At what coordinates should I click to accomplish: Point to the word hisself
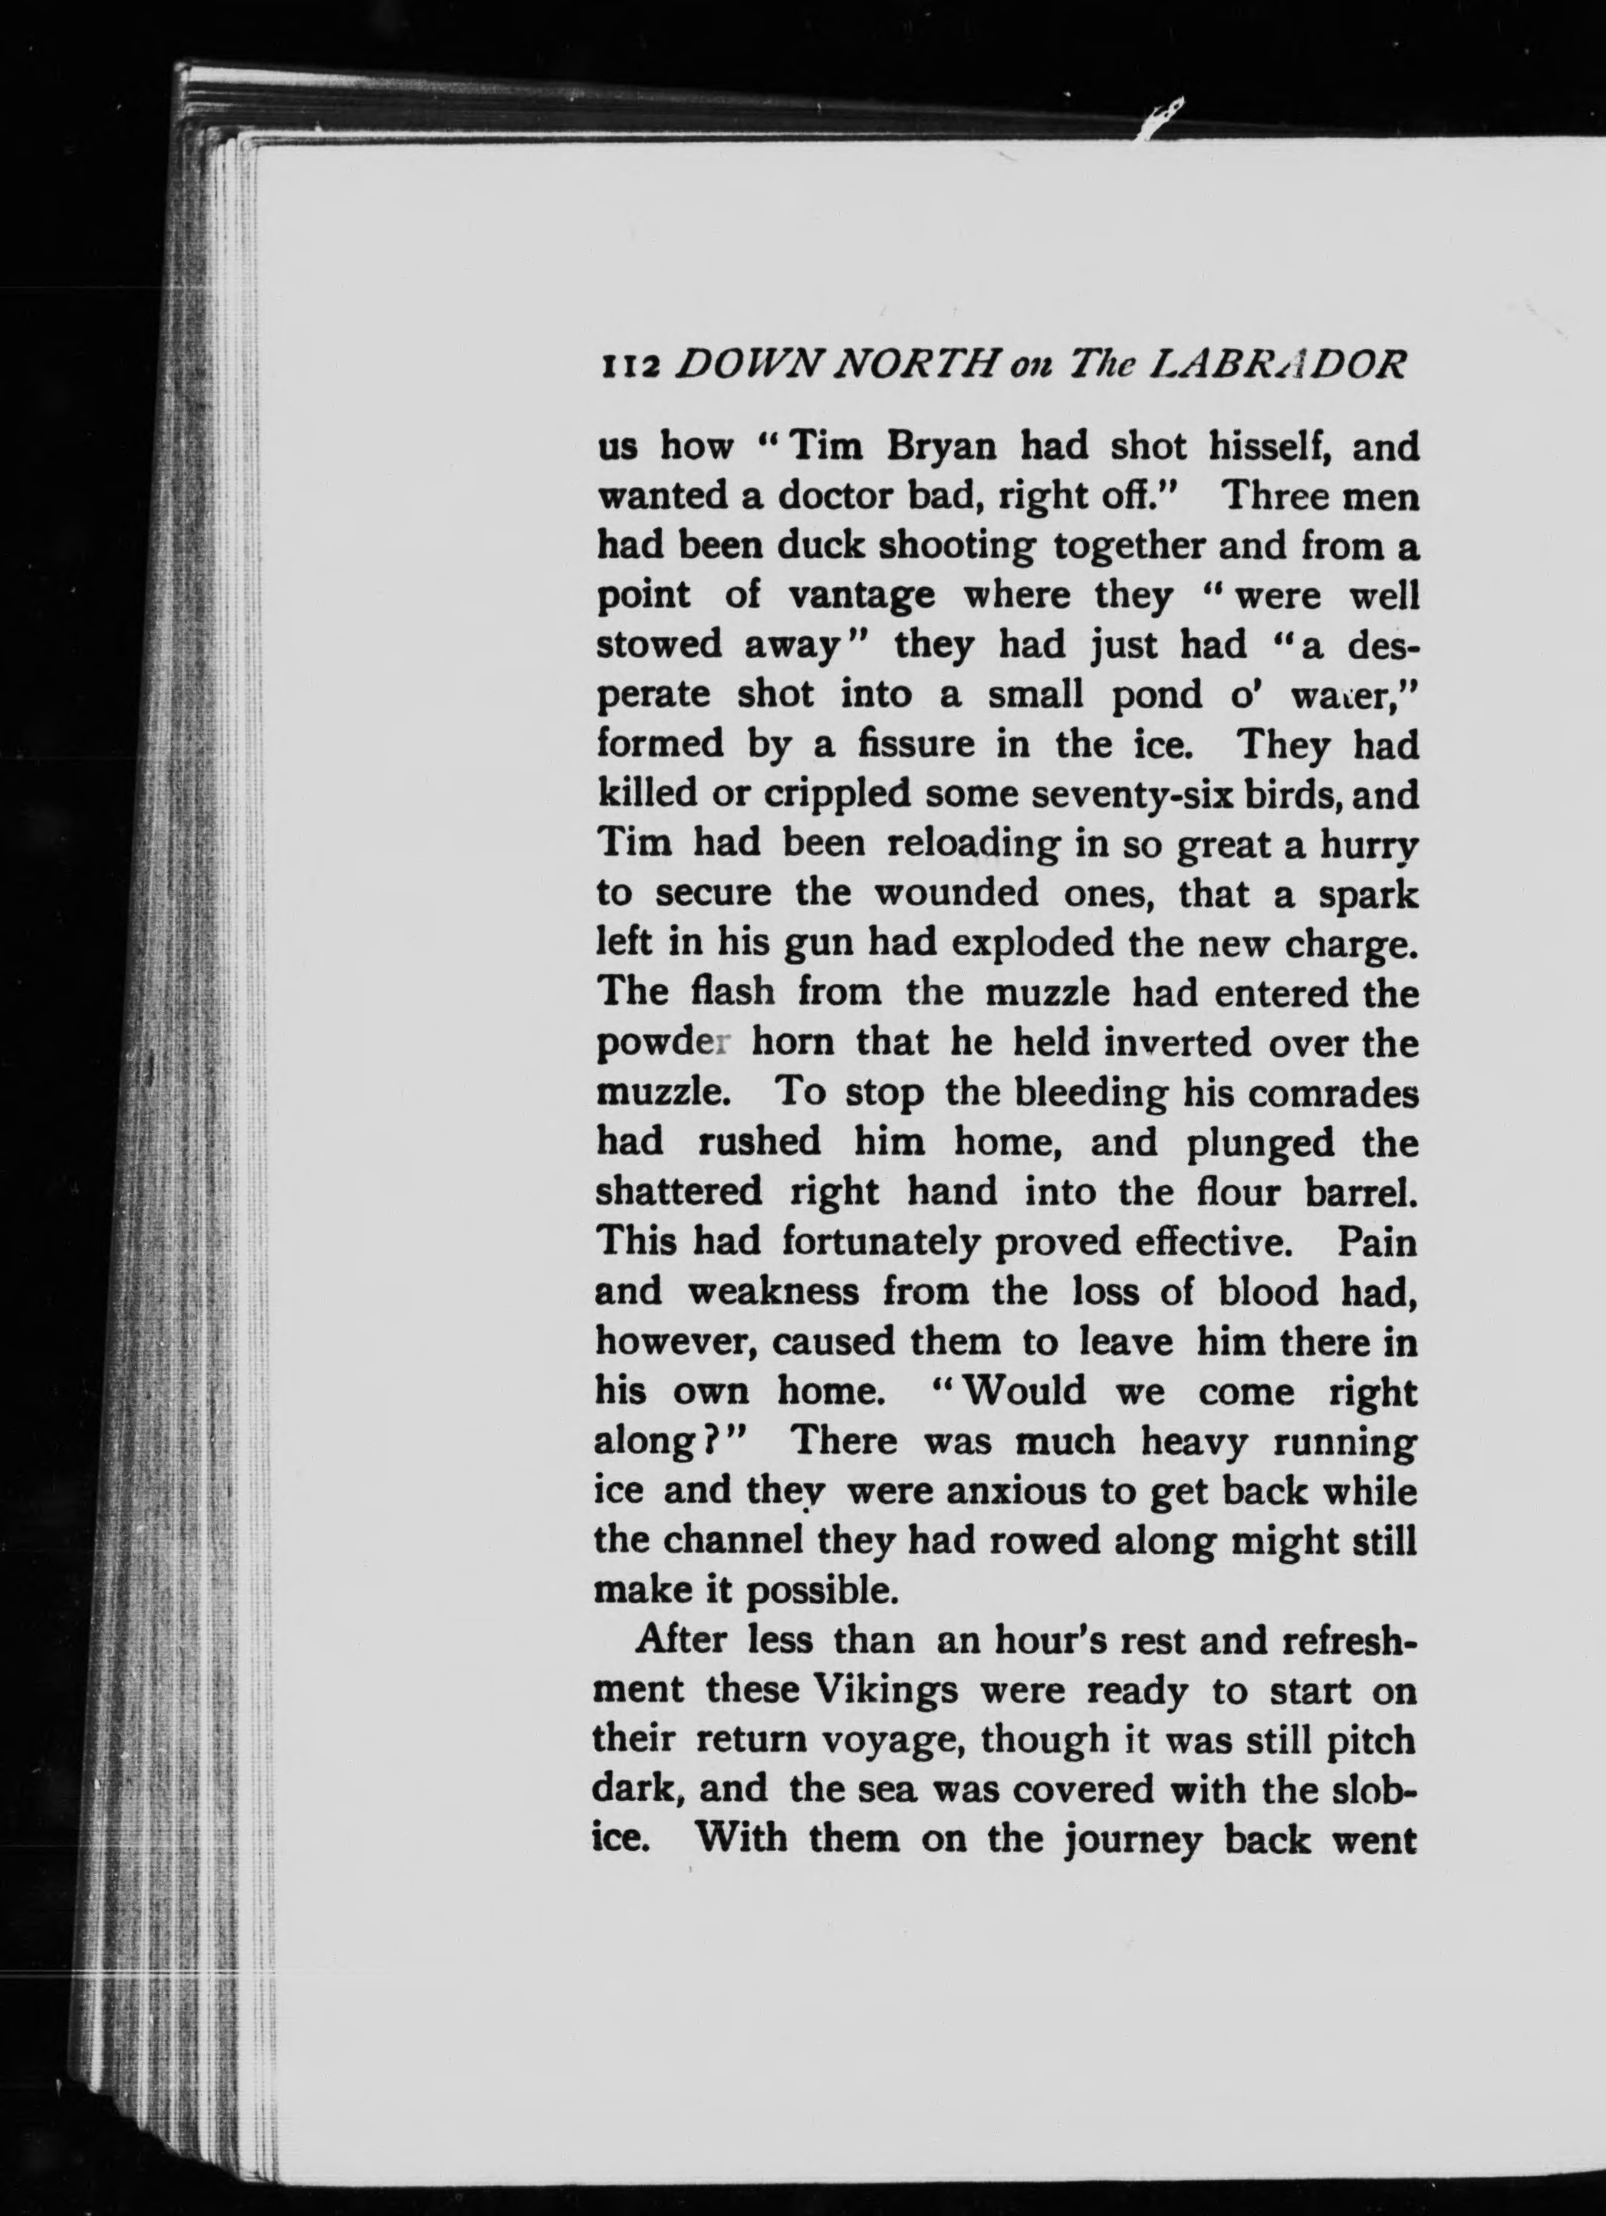[x=1268, y=446]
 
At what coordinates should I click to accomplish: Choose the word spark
[x=1366, y=895]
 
